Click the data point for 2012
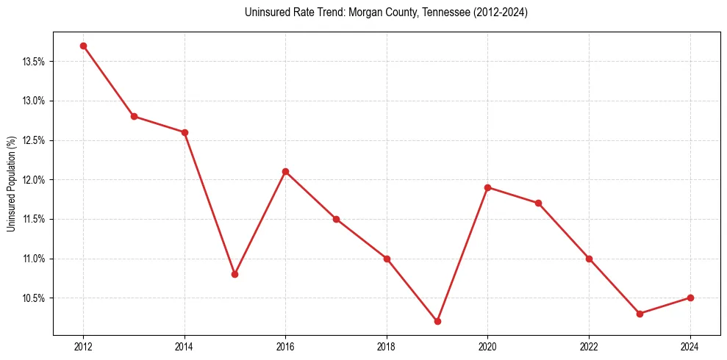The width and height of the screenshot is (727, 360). [x=83, y=46]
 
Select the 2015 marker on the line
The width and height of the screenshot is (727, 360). [x=234, y=274]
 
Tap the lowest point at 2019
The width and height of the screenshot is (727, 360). [x=437, y=321]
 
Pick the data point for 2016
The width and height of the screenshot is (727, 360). [x=285, y=171]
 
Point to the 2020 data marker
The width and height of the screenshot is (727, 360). [x=487, y=187]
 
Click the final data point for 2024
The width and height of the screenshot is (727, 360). [x=690, y=298]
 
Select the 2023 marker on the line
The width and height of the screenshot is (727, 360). [x=640, y=314]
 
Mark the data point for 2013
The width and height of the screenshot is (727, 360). [x=134, y=116]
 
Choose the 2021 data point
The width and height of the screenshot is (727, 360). [x=538, y=203]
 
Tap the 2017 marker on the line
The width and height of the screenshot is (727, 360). [x=336, y=219]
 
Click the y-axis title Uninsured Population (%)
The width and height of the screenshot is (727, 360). [x=11, y=184]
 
